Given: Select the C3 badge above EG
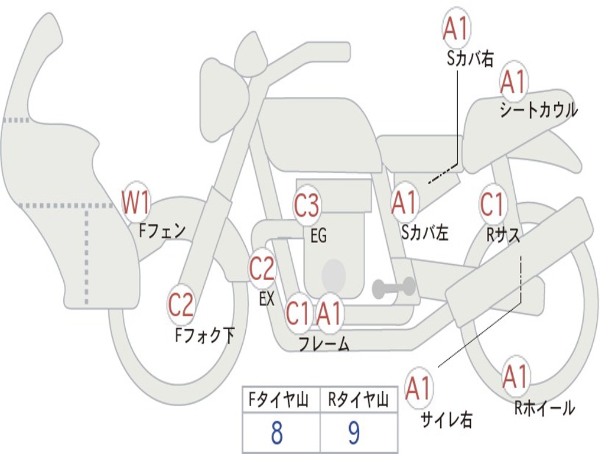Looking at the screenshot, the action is pos(307,205).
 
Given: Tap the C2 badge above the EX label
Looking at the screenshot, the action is pos(262,268).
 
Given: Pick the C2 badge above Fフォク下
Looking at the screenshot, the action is pos(181,304).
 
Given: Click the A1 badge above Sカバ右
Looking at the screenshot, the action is pos(457,28).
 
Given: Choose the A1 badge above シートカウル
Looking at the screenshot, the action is pos(513,82).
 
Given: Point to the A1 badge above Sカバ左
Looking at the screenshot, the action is pos(404,203).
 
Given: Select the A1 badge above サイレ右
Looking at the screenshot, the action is pos(418,388).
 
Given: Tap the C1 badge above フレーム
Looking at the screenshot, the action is pos(298,313).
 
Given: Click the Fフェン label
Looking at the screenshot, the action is pos(162,231).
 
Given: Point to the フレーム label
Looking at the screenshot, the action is pos(324,344).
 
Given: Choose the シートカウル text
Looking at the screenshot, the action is pos(539,110).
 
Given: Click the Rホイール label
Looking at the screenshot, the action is pos(544,408).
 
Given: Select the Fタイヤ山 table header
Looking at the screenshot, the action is pos(278,400).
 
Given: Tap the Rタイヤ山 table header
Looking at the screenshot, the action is pos(358,400).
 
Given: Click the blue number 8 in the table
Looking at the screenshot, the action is pos(277,433).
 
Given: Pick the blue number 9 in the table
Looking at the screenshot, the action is pos(354,433).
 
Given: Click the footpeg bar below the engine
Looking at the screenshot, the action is pos(393,287).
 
